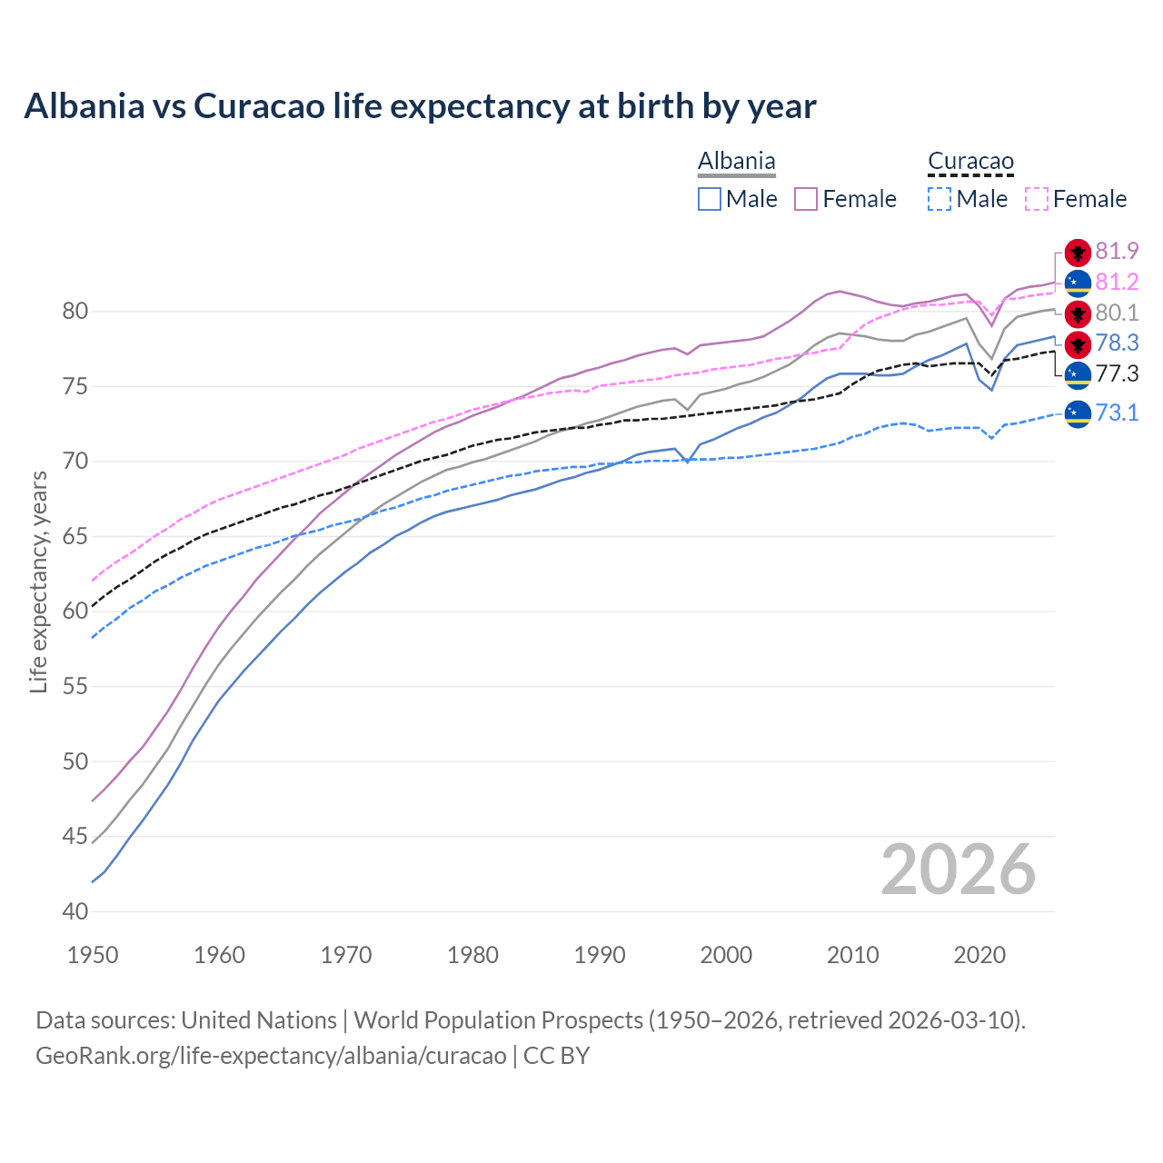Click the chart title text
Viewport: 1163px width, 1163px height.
420,106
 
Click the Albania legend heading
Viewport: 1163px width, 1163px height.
736,162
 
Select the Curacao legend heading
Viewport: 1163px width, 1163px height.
970,162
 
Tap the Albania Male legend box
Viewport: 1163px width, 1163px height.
710,199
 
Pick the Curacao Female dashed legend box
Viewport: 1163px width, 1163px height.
1037,199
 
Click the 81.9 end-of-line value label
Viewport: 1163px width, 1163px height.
1117,252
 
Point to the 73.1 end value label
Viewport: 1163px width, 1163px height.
1117,413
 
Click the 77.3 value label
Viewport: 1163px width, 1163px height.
1117,373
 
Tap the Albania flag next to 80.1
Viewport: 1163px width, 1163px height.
1078,313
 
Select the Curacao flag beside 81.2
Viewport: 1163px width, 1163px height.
1078,283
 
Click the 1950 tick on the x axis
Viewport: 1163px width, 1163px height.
93,955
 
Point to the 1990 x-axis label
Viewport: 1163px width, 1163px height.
600,955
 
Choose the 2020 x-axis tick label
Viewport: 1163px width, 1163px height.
979,955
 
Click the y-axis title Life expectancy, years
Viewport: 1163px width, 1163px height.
38,581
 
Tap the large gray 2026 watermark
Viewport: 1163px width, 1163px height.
958,870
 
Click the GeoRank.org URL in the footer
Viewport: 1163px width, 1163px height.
271,1056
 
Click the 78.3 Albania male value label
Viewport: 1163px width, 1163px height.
1117,343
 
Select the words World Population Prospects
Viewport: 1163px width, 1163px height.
498,1020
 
